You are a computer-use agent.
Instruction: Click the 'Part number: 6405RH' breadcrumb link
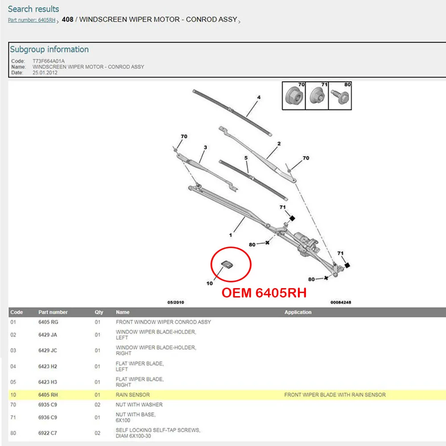[32, 20]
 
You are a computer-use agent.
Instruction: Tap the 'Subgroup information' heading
[49, 49]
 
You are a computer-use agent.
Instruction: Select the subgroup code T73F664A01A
[49, 61]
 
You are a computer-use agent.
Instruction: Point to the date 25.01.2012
[45, 73]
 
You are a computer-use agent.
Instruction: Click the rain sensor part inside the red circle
[227, 264]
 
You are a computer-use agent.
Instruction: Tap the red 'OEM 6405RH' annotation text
[264, 293]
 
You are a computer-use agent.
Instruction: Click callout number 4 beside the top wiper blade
[259, 97]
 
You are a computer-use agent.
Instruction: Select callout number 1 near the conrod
[231, 235]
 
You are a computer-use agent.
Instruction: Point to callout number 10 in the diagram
[210, 283]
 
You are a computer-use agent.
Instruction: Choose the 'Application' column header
[298, 312]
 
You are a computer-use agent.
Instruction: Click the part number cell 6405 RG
[48, 322]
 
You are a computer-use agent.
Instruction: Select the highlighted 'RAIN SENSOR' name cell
[132, 395]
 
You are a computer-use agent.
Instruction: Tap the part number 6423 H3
[48, 382]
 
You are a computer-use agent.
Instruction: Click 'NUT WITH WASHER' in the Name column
[139, 405]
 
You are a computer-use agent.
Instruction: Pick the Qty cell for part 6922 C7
[97, 433]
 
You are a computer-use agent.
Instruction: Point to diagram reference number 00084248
[341, 302]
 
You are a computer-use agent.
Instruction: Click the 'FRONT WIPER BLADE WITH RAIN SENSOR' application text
[335, 395]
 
